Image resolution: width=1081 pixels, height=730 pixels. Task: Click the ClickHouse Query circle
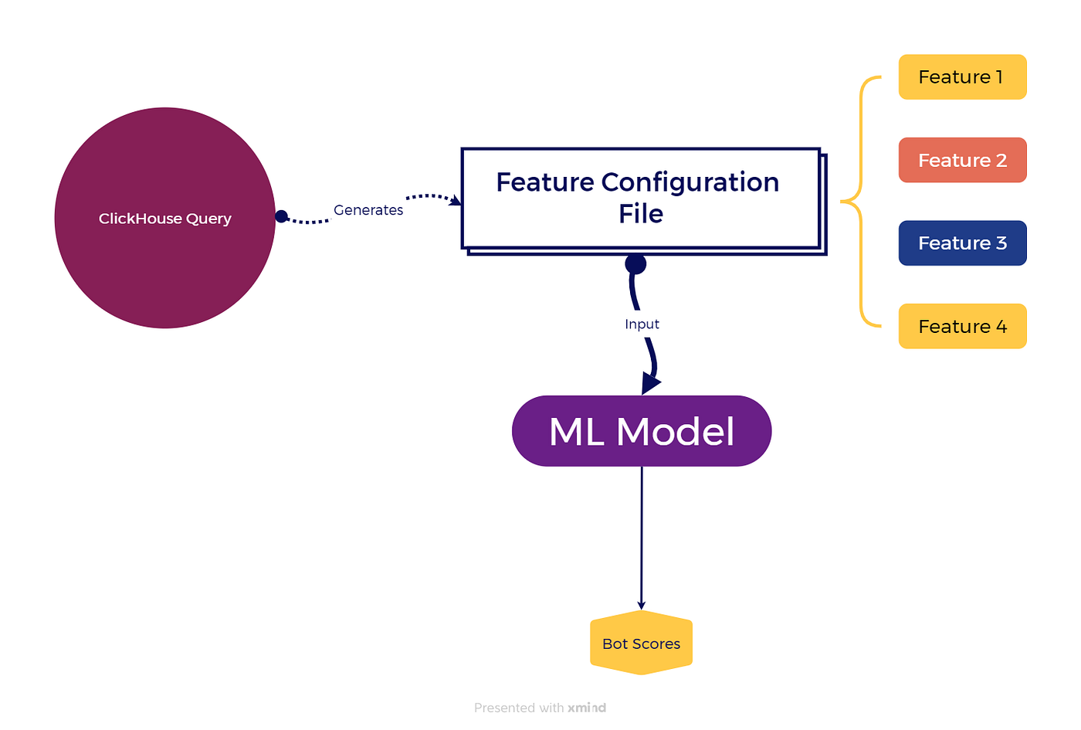tap(165, 218)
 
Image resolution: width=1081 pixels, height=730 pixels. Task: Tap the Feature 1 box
tap(962, 77)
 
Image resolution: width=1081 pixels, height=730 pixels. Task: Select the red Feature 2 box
tap(962, 161)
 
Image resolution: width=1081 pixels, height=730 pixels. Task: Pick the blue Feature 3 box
tap(962, 243)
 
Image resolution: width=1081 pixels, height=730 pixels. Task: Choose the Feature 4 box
tap(962, 326)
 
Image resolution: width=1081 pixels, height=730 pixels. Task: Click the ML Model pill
tap(642, 431)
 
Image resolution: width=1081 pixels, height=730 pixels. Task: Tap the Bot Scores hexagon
tap(642, 643)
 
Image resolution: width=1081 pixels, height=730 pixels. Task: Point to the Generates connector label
tap(368, 210)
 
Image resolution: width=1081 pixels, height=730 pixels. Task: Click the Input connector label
tap(642, 324)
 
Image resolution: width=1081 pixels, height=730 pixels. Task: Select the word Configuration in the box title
tap(690, 182)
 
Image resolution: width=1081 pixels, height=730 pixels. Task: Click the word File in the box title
tap(641, 213)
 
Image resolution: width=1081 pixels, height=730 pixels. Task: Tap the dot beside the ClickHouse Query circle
tap(281, 216)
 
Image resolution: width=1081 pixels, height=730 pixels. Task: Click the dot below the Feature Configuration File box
tap(635, 263)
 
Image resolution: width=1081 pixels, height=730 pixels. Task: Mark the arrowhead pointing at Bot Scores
tap(642, 606)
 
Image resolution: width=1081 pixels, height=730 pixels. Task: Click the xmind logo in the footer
tap(586, 708)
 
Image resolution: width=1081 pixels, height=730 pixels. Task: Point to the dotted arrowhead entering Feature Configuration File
tap(455, 200)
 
